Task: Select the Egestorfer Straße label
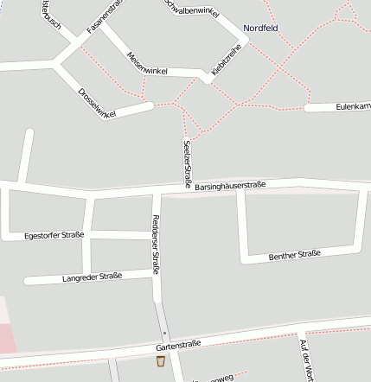click(x=54, y=234)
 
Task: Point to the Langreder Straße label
click(x=93, y=277)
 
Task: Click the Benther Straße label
click(x=294, y=255)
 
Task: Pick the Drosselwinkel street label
click(x=96, y=102)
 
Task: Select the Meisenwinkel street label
click(x=146, y=64)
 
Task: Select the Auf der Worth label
click(x=304, y=360)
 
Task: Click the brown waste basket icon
click(x=160, y=360)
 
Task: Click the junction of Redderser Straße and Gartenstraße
click(x=165, y=347)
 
